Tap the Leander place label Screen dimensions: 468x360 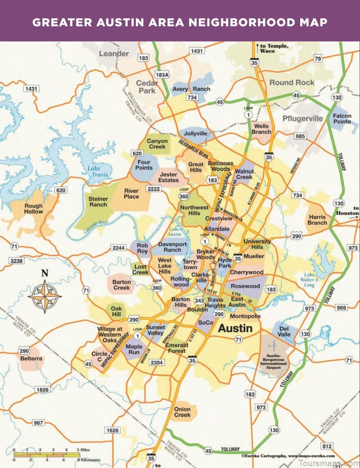pyautogui.click(x=113, y=54)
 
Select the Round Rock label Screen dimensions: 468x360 pyautogui.click(x=292, y=82)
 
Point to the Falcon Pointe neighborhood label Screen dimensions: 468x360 pyautogui.click(x=342, y=119)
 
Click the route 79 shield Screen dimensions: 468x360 pyautogui.click(x=318, y=59)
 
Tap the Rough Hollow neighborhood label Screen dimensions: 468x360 pyautogui.click(x=34, y=209)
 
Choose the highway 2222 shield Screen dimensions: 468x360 pyautogui.click(x=153, y=189)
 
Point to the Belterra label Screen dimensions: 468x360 pyautogui.click(x=31, y=359)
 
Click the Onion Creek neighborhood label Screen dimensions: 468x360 pyautogui.click(x=182, y=412)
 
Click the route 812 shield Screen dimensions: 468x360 pyautogui.click(x=327, y=446)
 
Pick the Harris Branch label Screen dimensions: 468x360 pyautogui.click(x=317, y=220)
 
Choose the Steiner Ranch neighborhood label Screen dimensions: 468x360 pyautogui.click(x=99, y=202)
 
